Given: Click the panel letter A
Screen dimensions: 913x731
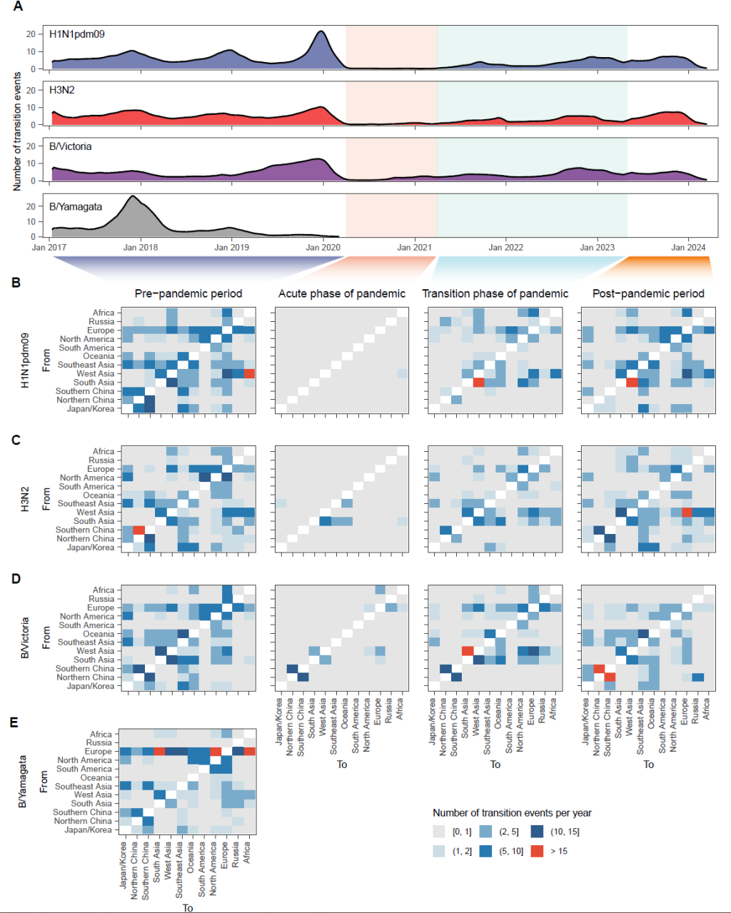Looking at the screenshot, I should point(18,7).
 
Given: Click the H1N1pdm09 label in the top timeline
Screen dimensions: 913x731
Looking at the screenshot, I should point(76,34).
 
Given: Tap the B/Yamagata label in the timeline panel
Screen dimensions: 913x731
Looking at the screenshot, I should point(75,207).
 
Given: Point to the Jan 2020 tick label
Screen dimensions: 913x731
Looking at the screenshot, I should point(323,248).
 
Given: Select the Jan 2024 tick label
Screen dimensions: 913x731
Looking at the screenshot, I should point(688,248).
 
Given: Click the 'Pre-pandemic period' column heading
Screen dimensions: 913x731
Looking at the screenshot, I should point(188,293).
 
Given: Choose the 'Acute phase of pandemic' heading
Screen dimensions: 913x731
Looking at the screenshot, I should point(342,293).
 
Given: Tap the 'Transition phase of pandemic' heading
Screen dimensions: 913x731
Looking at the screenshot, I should point(495,293).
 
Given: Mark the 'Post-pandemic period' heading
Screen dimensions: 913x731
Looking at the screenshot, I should point(648,293).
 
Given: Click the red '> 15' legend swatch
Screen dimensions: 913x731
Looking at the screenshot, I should point(538,851).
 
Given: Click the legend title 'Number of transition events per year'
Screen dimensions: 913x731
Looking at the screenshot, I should point(512,813).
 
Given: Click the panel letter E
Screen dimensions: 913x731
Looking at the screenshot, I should point(14,722).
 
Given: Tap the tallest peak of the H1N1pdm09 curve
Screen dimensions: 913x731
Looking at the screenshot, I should point(322,32).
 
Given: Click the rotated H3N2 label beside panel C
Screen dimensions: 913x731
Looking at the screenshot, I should point(26,499).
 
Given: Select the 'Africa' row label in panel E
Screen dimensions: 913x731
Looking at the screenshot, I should point(101,735).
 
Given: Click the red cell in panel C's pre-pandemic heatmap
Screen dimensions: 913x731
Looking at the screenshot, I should point(139,530).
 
